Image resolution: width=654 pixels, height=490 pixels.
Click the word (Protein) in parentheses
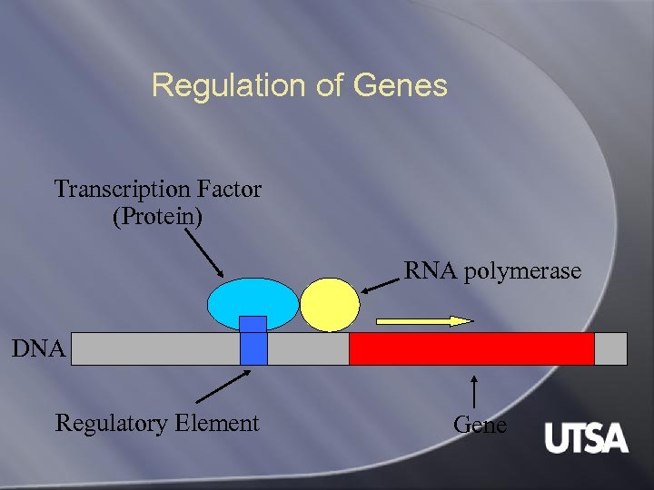158,218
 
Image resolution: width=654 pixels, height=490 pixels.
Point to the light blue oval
253,302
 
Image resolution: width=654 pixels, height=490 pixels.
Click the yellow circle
330,304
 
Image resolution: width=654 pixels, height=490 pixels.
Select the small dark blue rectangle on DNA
253,340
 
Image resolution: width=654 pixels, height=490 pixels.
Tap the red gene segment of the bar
471,348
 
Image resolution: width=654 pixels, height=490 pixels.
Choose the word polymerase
522,271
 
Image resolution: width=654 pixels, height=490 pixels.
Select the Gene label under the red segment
480,424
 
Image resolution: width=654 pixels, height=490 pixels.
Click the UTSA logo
586,438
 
